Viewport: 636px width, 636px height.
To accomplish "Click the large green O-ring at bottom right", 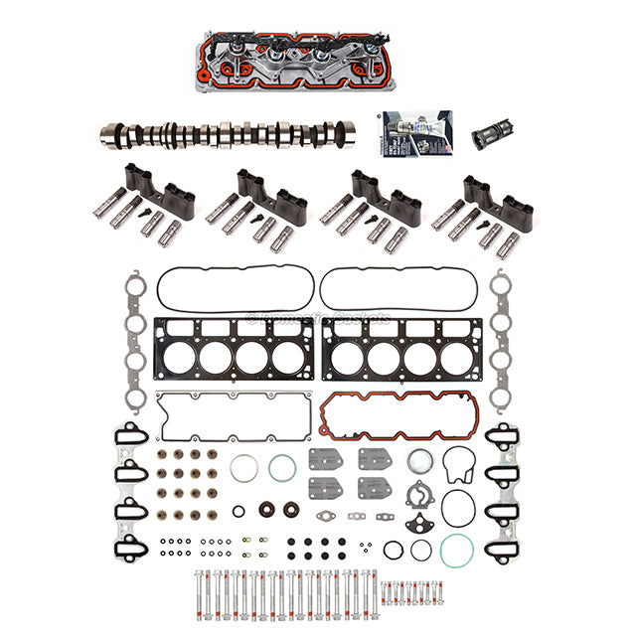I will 455,550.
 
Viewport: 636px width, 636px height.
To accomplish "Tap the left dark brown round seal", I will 266,511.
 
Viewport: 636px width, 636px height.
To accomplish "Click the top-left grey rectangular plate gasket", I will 325,461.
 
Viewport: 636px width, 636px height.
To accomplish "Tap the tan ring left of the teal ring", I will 244,467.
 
